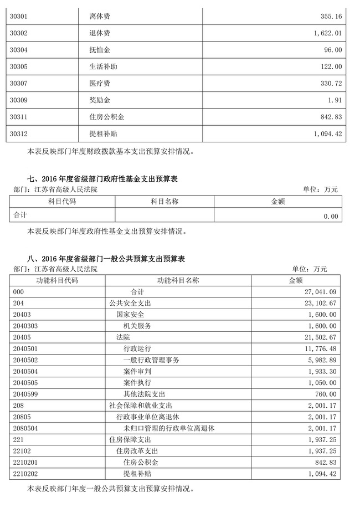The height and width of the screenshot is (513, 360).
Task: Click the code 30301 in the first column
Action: [19, 17]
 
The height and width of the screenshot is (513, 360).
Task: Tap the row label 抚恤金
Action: [100, 50]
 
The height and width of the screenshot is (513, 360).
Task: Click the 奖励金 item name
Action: [100, 100]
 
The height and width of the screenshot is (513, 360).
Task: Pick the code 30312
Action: [19, 134]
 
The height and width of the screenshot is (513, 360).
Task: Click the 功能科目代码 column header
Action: [57, 280]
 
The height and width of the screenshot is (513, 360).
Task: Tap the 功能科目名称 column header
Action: [178, 280]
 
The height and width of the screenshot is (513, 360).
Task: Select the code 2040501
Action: [25, 348]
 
